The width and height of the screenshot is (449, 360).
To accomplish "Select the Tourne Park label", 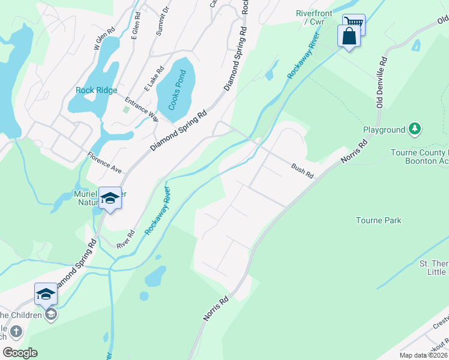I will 378,220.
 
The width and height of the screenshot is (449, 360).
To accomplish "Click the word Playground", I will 384,130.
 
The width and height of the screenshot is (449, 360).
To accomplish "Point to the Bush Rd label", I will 303,172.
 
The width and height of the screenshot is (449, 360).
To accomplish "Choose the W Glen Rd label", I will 104,38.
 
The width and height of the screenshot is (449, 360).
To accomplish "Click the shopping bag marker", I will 349,37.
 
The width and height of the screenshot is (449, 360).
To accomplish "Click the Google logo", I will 20,353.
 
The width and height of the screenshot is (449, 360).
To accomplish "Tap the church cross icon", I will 16,331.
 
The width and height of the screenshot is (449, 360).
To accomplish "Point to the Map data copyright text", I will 424,355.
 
